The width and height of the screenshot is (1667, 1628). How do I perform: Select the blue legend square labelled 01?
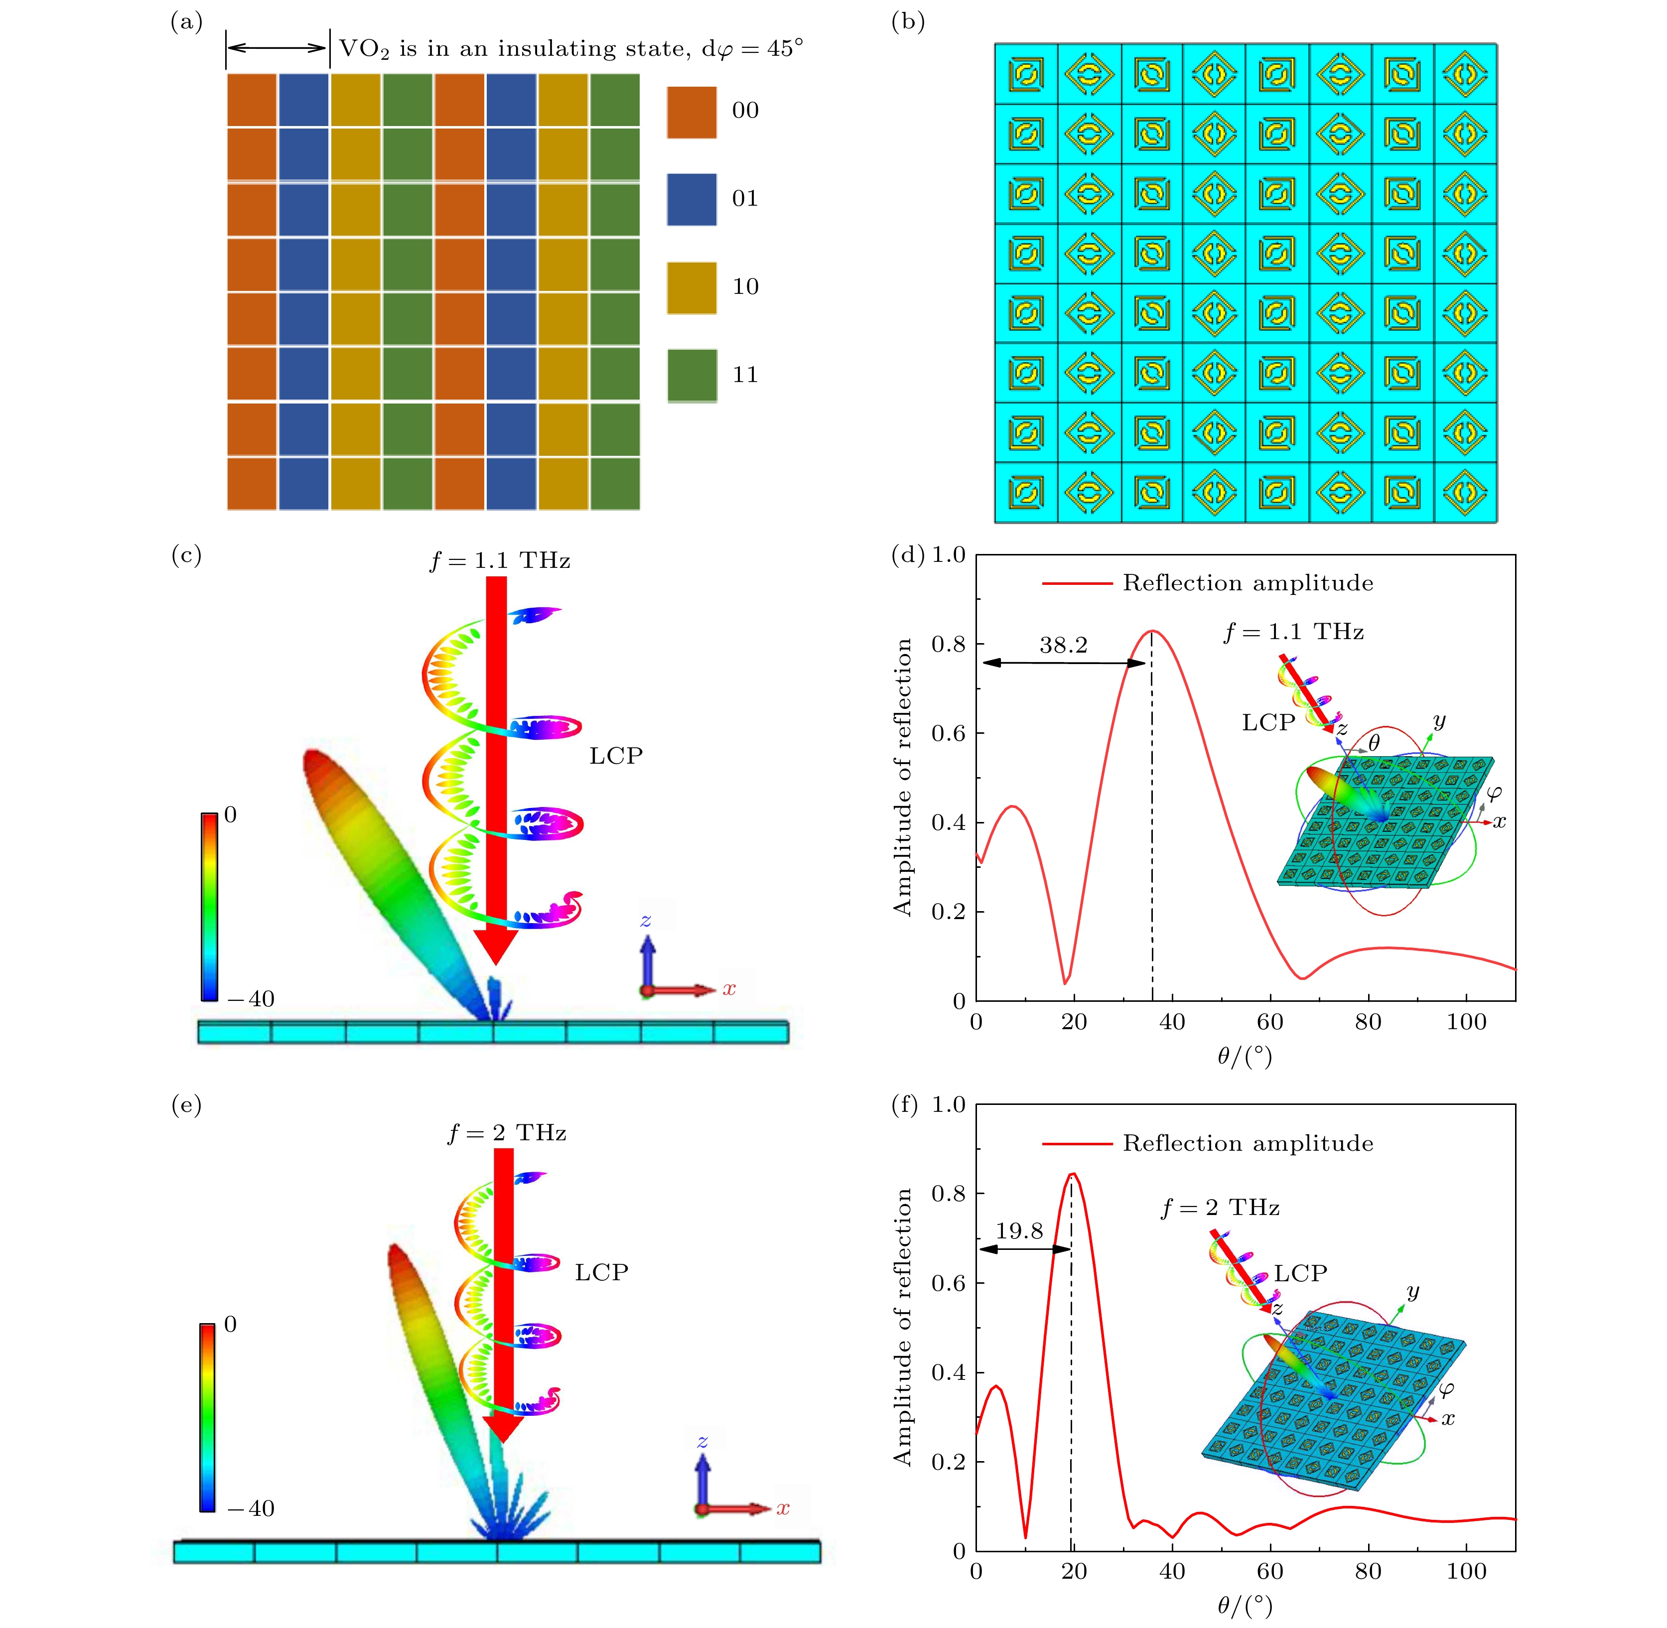click(x=691, y=199)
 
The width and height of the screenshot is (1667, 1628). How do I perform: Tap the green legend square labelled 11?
click(x=691, y=375)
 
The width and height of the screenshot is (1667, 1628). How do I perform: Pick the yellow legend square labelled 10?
click(x=691, y=287)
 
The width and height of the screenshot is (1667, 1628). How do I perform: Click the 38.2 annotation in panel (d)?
click(x=1063, y=646)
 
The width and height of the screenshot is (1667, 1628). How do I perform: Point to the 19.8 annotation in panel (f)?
click(x=1019, y=1230)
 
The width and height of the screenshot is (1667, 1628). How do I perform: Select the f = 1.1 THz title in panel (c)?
click(x=500, y=561)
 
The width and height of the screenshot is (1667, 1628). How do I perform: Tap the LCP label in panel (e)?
click(x=601, y=1272)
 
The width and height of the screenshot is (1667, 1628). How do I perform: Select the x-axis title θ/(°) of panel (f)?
click(x=1245, y=1606)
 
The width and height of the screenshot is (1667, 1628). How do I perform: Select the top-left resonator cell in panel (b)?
click(x=1025, y=74)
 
